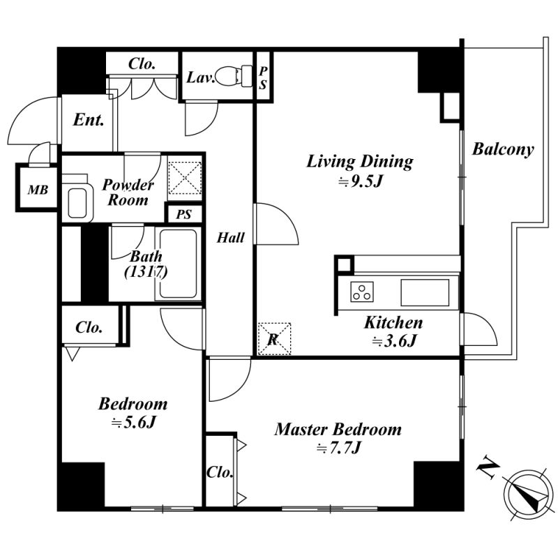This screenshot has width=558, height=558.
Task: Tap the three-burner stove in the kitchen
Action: (x=362, y=292)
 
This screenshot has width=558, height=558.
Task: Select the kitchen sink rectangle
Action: (x=425, y=292)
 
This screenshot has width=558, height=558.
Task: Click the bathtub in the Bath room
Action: (x=178, y=264)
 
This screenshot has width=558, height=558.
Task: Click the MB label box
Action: (x=38, y=188)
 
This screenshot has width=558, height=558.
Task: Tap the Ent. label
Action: (x=89, y=120)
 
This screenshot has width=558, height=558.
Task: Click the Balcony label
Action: (x=503, y=149)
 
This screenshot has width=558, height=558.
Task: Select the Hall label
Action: (x=231, y=237)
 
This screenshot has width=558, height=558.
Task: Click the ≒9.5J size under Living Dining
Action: (x=360, y=182)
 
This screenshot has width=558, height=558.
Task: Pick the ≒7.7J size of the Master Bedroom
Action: (x=338, y=448)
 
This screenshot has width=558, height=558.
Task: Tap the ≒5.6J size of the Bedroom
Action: (x=133, y=423)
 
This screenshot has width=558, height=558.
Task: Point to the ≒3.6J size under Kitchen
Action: (x=393, y=341)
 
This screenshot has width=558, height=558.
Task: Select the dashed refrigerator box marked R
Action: (x=274, y=339)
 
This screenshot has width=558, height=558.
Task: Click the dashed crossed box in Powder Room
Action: (x=185, y=178)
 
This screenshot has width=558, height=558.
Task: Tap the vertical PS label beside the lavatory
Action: (x=263, y=77)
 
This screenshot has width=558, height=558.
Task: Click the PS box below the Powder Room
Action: (x=184, y=214)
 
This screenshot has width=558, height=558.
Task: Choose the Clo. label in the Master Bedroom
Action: (x=220, y=472)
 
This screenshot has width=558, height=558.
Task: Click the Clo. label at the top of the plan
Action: (x=142, y=63)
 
